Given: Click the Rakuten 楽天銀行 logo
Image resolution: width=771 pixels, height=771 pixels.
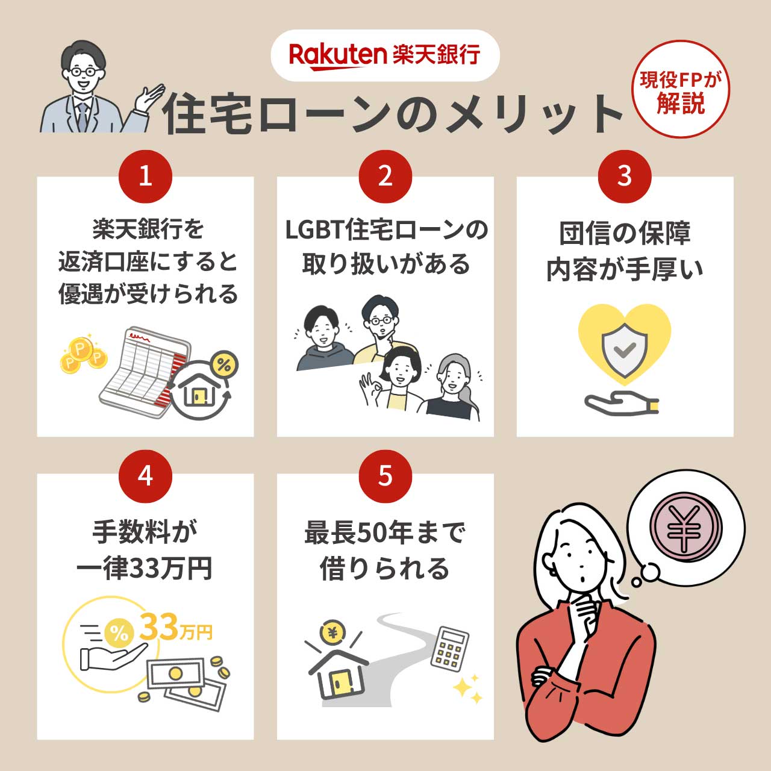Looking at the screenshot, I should pos(384,55).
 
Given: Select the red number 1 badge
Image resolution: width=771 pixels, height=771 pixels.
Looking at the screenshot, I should pos(145,176).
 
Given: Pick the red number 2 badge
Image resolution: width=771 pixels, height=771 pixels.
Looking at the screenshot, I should pos(385,176).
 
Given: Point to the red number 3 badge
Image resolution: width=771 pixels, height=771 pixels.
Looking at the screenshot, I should pos(625,176).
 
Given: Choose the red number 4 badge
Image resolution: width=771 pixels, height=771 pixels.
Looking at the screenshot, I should pos(145,476).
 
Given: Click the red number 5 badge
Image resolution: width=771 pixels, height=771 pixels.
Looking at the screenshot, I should pos(385,476).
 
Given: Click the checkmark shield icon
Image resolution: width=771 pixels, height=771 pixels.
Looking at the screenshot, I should pos(625,349).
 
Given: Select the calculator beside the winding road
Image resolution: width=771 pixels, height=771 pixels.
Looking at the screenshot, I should pos(450,648).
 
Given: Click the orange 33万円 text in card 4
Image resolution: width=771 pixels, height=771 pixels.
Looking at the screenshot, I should pos(175,628).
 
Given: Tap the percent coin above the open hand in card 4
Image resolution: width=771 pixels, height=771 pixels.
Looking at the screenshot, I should pos(119,632).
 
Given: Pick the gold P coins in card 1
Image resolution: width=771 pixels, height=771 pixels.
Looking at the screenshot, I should pos(83,355).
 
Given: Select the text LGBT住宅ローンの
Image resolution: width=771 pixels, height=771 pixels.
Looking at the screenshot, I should pos(385,229).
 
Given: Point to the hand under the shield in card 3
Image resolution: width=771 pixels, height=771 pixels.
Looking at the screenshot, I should pos(620,404).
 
